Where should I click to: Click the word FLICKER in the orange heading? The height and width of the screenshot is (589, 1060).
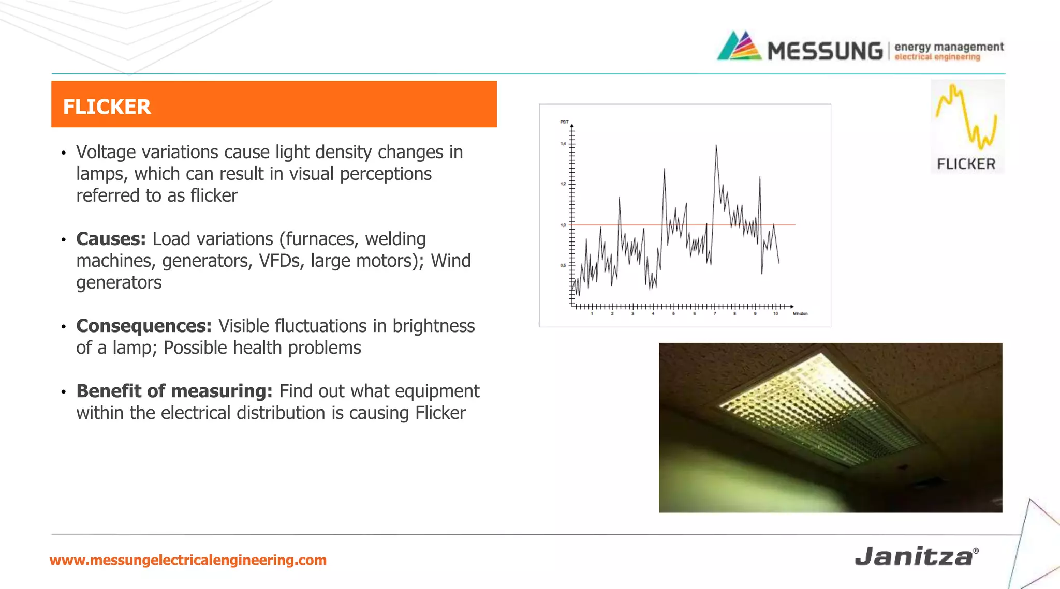point(107,107)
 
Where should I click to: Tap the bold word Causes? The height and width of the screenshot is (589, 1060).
point(111,239)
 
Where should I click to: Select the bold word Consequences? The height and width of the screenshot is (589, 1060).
point(144,326)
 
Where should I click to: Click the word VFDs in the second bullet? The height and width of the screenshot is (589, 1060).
point(279,261)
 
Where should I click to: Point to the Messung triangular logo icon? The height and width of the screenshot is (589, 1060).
point(739,47)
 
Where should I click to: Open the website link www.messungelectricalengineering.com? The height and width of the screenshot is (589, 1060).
point(188,560)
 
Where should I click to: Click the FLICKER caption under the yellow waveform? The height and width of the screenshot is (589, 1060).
point(966,164)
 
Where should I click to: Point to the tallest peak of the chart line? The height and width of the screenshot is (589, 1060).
point(716,146)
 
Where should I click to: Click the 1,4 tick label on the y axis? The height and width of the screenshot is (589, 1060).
point(563,144)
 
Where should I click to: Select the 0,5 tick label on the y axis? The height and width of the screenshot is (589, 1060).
point(563,265)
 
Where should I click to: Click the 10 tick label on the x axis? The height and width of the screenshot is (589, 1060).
point(775,314)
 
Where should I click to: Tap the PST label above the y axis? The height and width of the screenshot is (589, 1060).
point(564,122)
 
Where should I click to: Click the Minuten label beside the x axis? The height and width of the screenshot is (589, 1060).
point(800,314)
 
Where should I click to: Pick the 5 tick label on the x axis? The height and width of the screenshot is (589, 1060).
point(673,314)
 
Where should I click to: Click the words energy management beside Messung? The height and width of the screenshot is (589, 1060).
point(949,47)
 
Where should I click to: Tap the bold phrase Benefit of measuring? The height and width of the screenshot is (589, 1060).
point(174,391)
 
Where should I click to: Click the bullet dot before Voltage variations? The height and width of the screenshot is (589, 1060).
point(63,153)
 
